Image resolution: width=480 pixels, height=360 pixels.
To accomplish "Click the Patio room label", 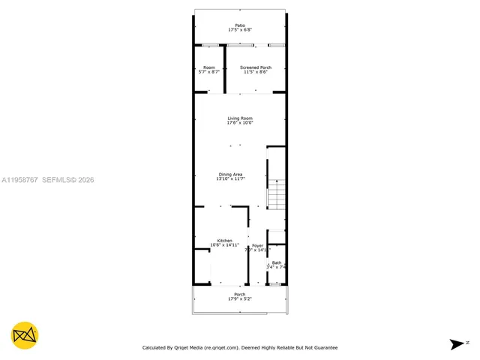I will tap(240, 25).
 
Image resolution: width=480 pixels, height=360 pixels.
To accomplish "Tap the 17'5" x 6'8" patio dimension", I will tap(240, 30).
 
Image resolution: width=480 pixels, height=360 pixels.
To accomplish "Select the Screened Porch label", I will tap(256, 67).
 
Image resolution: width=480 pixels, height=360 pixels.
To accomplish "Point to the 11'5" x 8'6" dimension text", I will tap(256, 72).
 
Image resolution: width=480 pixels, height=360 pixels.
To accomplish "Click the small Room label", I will tap(208, 67).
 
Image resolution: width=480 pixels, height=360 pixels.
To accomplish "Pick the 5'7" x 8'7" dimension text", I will tap(208, 72).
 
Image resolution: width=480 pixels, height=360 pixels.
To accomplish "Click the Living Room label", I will tap(240, 118).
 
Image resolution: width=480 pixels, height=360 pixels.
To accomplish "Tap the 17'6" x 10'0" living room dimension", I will tap(240, 123).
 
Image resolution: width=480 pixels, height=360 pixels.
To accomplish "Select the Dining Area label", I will tap(230, 175).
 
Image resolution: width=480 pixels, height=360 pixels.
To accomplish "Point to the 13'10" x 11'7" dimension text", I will tap(230, 179).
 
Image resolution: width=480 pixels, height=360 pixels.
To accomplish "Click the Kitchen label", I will tap(225, 240).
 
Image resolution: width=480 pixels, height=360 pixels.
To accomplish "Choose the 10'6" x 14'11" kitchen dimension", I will tap(225, 245).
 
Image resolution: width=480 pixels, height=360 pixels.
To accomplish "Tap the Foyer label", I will tap(257, 245).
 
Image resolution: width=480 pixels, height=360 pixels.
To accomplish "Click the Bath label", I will tap(277, 262).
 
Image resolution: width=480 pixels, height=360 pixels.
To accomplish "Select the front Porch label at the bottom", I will tap(240, 294).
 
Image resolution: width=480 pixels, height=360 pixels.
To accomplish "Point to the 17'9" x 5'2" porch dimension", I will tap(240, 299).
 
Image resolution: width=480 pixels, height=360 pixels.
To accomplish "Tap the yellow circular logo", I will tap(25, 335).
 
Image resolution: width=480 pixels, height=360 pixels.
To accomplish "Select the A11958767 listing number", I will tap(20, 180).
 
